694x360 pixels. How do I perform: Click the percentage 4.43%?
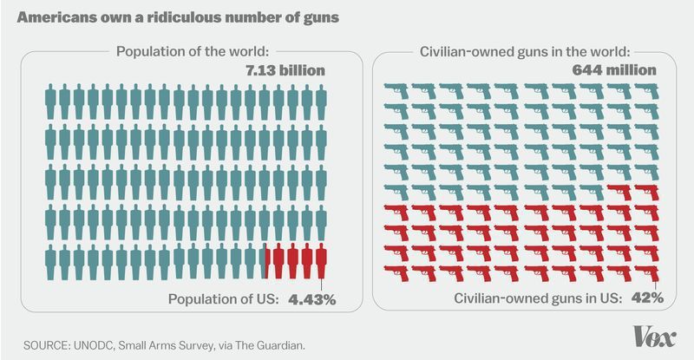tap(311, 299)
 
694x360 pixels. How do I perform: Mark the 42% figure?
tap(647, 298)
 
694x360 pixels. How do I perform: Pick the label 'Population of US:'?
tap(224, 299)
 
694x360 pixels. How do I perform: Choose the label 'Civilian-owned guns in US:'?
tap(538, 298)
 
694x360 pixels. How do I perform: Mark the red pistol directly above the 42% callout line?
tap(646, 272)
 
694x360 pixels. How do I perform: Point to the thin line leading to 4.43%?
tap(323, 285)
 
